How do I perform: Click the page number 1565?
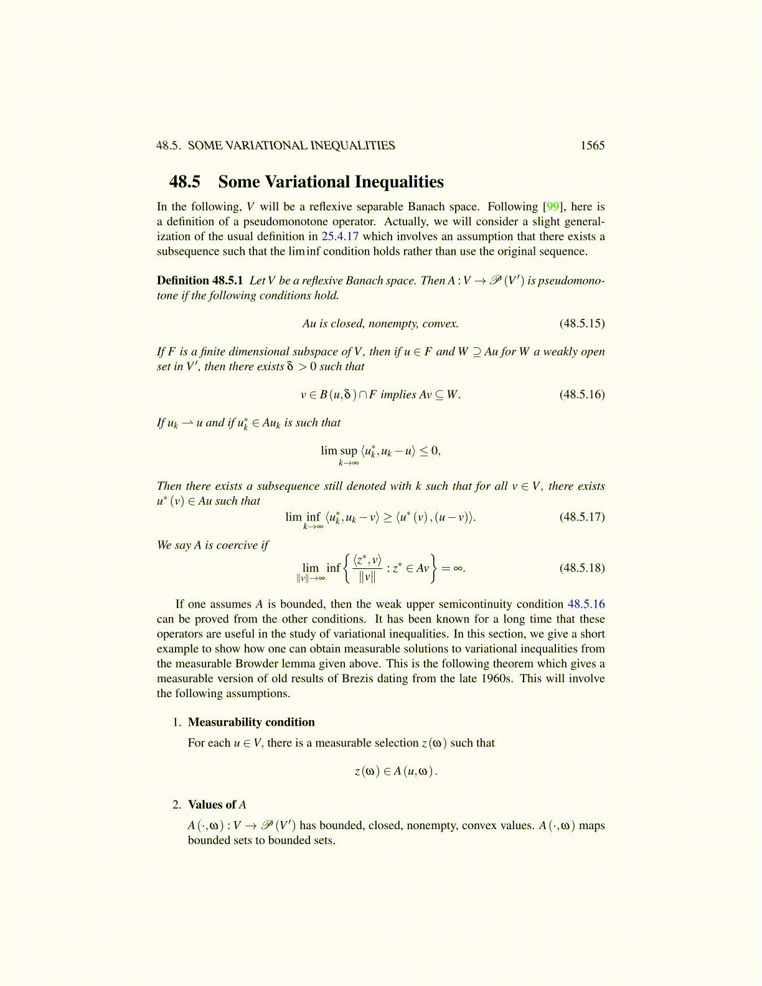[x=592, y=146]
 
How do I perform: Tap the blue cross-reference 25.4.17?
[x=340, y=237]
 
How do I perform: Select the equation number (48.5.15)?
[x=581, y=324]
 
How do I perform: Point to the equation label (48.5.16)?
[x=581, y=395]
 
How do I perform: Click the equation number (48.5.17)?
[x=581, y=517]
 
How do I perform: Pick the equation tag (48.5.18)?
[x=581, y=568]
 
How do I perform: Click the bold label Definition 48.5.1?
[x=200, y=281]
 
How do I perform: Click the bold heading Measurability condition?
[x=251, y=722]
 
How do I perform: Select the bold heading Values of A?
[x=217, y=804]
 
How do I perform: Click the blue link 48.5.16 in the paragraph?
[x=586, y=604]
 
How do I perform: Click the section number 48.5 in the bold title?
[x=185, y=182]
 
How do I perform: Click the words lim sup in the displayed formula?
[x=339, y=451]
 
